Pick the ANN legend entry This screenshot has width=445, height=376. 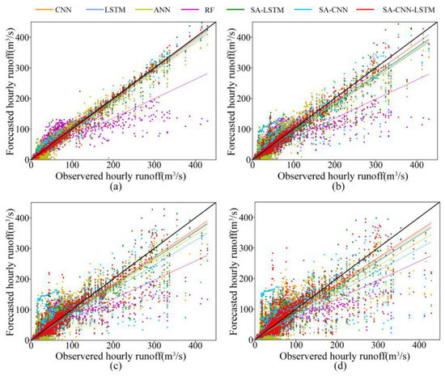[162, 9]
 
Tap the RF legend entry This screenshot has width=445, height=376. [210, 9]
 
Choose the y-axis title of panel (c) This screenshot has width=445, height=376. [7, 270]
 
